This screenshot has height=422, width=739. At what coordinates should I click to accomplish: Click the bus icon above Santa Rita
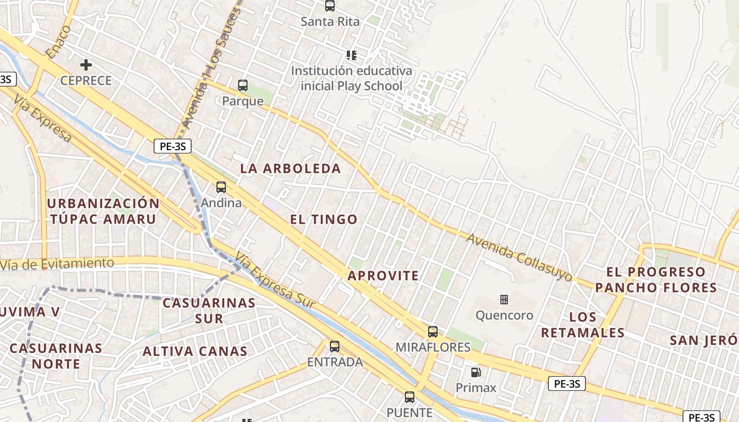click(x=330, y=6)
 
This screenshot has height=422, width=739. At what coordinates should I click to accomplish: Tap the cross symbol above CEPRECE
click(x=86, y=65)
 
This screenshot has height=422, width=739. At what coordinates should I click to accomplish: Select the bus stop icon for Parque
click(x=243, y=85)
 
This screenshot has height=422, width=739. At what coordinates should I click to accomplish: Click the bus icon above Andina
click(x=221, y=187)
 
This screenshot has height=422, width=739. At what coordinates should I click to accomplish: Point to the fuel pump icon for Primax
click(x=476, y=372)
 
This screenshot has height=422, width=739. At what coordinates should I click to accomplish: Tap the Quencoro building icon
click(x=504, y=300)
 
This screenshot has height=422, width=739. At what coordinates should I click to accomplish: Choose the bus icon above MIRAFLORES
click(x=433, y=332)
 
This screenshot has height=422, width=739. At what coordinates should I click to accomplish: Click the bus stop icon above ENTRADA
click(x=335, y=347)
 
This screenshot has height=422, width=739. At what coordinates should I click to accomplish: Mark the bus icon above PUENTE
click(x=410, y=397)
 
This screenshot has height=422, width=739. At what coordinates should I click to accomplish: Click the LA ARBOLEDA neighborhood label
click(x=291, y=169)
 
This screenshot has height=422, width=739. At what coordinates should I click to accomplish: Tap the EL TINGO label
click(x=324, y=219)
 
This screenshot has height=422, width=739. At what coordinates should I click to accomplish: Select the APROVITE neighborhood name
click(x=383, y=275)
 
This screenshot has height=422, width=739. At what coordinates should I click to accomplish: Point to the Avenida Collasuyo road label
click(x=519, y=257)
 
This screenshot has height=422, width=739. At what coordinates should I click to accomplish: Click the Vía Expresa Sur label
click(x=275, y=281)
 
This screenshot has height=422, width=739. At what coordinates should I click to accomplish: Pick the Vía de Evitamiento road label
click(x=57, y=263)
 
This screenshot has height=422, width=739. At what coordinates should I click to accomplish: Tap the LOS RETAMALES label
click(x=583, y=325)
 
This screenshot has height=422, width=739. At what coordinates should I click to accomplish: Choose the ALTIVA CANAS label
click(x=195, y=351)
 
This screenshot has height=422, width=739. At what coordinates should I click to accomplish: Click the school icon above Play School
click(x=352, y=55)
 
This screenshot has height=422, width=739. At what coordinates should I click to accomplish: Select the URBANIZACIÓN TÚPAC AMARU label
click(x=103, y=211)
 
